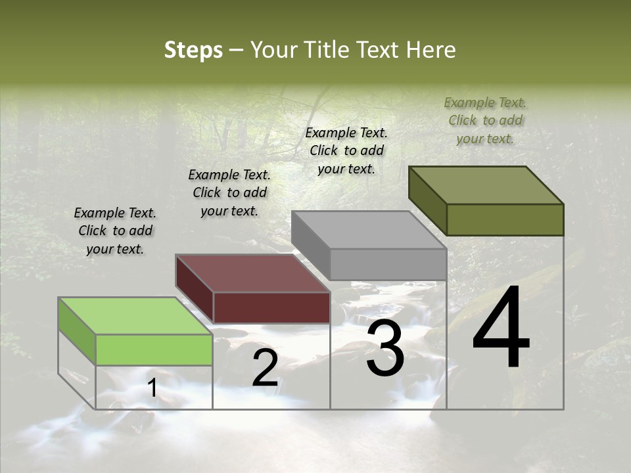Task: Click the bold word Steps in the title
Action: tap(193, 50)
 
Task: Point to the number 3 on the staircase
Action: tap(385, 350)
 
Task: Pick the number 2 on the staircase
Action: tap(265, 369)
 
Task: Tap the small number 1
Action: tap(152, 388)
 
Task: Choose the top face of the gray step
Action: tap(369, 230)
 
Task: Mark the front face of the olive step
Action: tap(505, 219)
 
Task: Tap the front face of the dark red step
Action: tap(271, 307)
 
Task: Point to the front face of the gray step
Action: tap(388, 265)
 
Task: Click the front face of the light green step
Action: tap(154, 349)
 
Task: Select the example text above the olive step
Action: tap(485, 120)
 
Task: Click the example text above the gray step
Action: tap(346, 150)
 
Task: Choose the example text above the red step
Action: tap(229, 192)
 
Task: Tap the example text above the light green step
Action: tap(115, 231)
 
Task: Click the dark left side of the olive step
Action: tap(427, 200)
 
